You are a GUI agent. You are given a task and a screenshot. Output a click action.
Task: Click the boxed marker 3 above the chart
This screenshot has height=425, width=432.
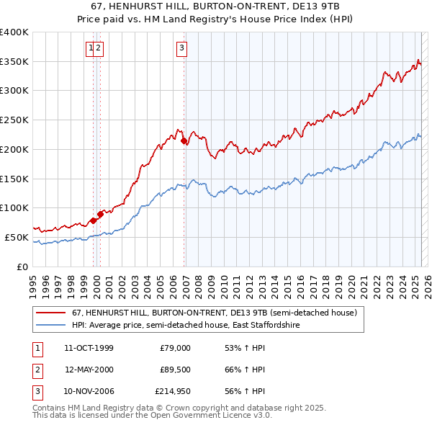[181, 48]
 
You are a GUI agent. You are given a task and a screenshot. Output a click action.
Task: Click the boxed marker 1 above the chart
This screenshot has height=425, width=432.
[91, 48]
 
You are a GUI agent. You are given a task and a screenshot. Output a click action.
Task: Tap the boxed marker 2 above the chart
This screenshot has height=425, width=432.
[99, 48]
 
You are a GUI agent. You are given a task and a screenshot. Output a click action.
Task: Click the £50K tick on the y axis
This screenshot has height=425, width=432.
[17, 237]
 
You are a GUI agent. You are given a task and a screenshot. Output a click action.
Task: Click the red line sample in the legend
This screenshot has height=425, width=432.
[52, 313]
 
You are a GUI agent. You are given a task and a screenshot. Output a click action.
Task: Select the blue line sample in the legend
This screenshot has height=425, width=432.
[52, 326]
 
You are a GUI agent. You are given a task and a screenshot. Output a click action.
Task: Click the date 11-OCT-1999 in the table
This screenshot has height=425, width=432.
[89, 348]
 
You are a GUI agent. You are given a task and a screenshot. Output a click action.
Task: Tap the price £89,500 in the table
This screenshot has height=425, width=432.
[175, 370]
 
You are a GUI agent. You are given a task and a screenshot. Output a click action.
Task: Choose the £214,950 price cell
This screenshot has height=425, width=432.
[173, 393]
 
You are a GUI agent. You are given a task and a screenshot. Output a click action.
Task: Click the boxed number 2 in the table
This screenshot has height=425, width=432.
[35, 370]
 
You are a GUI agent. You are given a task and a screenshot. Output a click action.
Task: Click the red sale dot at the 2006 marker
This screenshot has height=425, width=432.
[184, 141]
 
